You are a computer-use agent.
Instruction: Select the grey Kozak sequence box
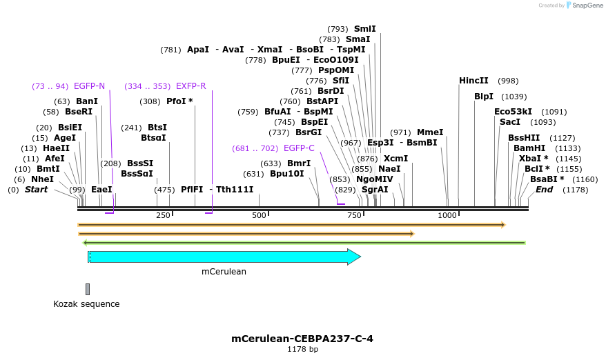pos(88,289)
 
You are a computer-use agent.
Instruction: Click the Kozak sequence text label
pos(86,303)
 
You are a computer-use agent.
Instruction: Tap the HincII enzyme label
pos(473,81)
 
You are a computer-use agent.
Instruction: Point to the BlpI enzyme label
pos(484,97)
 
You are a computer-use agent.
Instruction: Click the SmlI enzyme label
pos(364,29)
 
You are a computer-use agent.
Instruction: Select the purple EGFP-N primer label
pos(89,86)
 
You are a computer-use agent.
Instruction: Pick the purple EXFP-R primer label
pos(190,86)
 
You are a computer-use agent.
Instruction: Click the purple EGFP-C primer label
pos(299,148)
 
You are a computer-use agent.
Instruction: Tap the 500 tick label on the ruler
pos(259,216)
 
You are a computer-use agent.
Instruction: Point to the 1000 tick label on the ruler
pos(447,216)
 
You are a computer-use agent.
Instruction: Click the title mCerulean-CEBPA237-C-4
pos(302,339)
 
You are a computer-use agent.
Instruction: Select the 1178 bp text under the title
pos(302,350)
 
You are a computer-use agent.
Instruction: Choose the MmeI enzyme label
pos(430,132)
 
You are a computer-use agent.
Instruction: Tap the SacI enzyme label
pos(509,122)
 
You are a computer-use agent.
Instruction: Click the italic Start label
pos(37,189)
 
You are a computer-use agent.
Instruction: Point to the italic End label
pos(544,189)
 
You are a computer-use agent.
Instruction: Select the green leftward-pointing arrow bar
pos(304,243)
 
